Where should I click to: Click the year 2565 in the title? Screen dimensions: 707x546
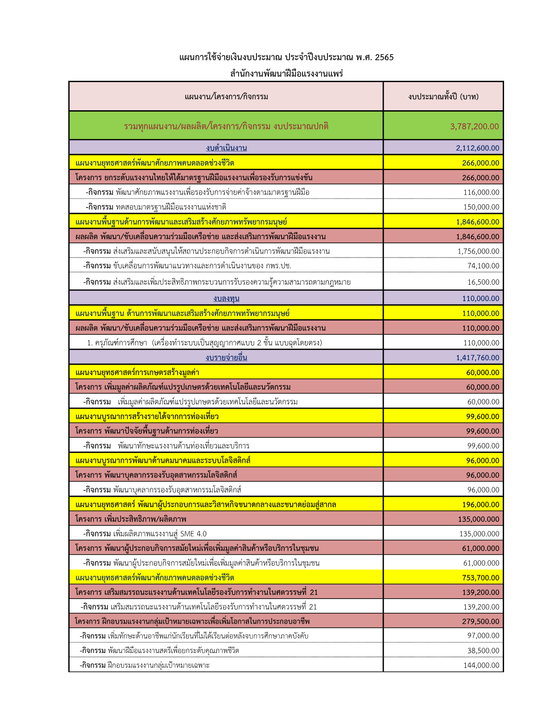384,57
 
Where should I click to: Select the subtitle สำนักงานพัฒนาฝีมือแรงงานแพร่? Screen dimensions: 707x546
286,74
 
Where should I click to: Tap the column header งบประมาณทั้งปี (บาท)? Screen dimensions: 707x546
443,96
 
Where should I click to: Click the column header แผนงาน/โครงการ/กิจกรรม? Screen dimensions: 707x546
226,96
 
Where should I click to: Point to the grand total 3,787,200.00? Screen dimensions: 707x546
474,126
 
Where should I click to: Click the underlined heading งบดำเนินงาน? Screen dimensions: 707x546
226,148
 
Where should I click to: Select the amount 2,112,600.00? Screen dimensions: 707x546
477,148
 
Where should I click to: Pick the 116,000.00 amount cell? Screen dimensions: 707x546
481,192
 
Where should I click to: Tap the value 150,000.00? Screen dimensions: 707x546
481,207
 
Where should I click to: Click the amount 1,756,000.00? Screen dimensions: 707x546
478,251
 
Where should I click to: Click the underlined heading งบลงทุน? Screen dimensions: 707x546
226,298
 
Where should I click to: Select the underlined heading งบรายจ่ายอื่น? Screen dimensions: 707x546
226,358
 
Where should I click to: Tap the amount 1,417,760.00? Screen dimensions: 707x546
477,358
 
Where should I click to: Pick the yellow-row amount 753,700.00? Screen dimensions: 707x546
480,578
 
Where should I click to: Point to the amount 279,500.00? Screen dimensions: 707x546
480,621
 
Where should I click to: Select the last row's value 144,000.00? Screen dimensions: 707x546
481,665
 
